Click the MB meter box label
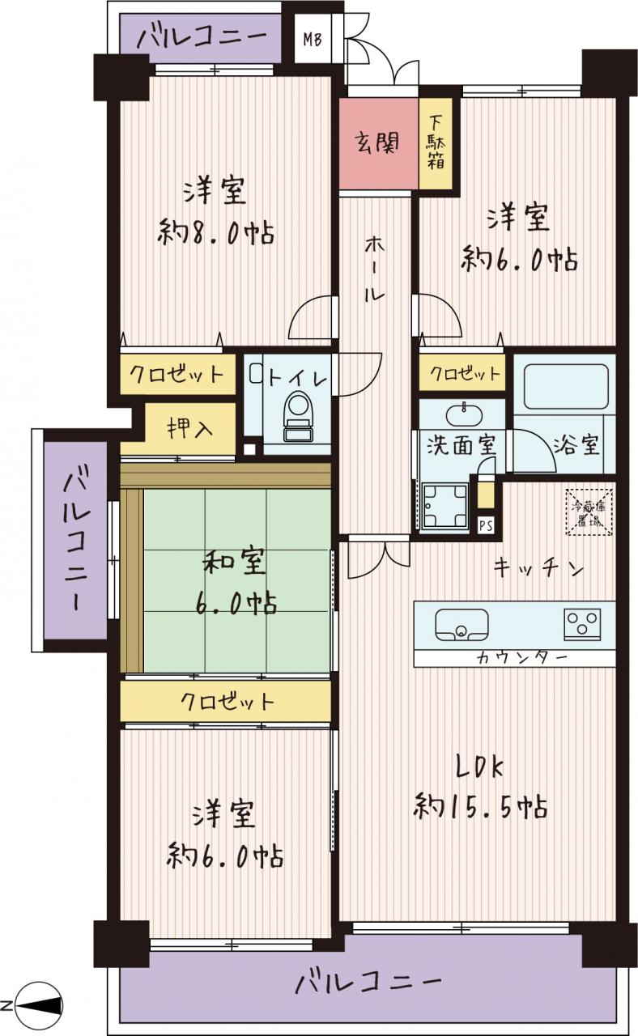click(313, 40)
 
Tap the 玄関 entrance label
click(377, 143)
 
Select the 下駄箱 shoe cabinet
click(436, 143)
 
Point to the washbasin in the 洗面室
click(463, 413)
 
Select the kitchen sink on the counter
click(461, 625)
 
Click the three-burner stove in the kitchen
click(582, 624)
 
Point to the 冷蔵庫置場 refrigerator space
click(589, 512)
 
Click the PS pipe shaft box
click(486, 526)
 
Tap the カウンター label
click(521, 657)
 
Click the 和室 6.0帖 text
click(235, 584)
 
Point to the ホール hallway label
click(374, 270)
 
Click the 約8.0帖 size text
click(215, 233)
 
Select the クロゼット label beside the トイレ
click(177, 373)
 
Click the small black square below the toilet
click(250, 448)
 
